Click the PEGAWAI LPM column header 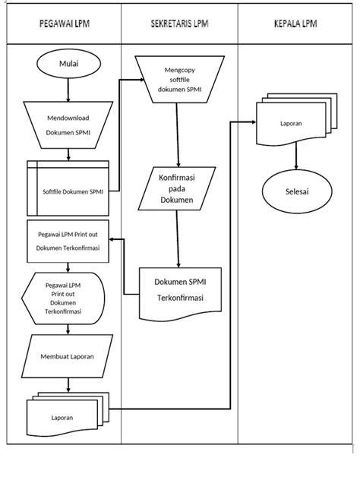click(65, 24)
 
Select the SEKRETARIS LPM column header click(179, 24)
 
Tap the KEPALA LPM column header click(295, 24)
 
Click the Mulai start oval click(68, 64)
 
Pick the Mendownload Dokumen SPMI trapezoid click(68, 125)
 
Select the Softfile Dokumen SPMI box click(68, 188)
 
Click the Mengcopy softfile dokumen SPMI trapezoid click(180, 79)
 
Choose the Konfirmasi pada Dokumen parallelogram click(177, 188)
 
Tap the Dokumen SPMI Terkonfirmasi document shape click(180, 294)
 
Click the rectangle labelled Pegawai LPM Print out click(68, 242)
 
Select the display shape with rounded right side click(63, 298)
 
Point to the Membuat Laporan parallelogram click(68, 356)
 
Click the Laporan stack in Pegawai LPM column click(68, 414)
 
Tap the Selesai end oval click(297, 191)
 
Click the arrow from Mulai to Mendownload click(68, 90)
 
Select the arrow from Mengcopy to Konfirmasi click(178, 135)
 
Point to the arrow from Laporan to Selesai click(296, 156)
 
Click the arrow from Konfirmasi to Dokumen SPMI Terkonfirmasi click(178, 239)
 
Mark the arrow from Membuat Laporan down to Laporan click(68, 385)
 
